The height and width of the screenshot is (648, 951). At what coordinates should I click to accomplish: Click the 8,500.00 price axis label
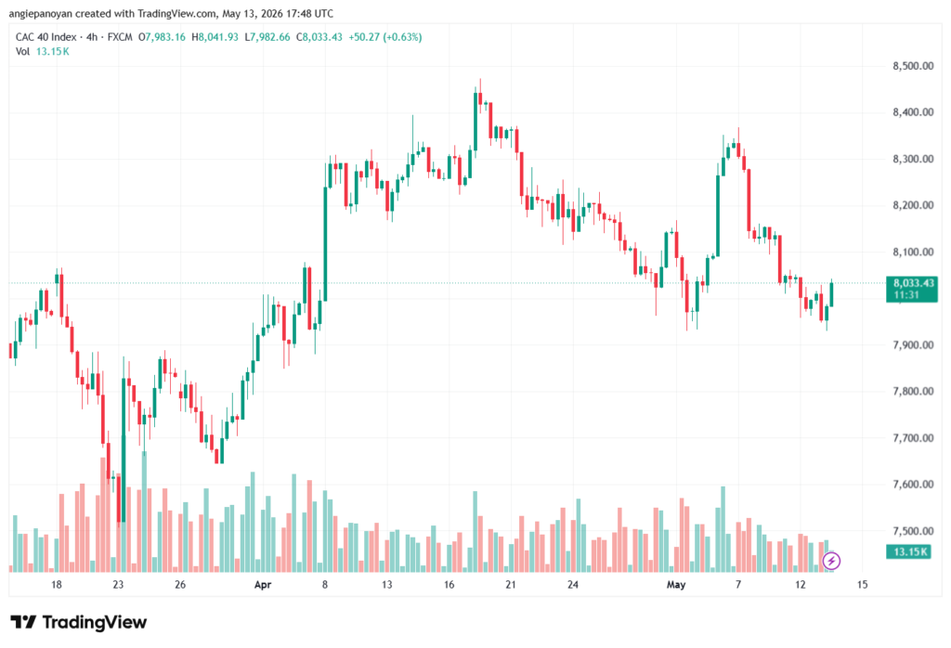pyautogui.click(x=913, y=66)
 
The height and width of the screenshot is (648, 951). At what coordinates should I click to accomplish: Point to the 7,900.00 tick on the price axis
pyautogui.click(x=913, y=345)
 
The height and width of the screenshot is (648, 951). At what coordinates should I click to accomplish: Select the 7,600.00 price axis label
pyautogui.click(x=913, y=485)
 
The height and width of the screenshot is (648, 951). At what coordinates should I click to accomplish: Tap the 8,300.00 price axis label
pyautogui.click(x=913, y=159)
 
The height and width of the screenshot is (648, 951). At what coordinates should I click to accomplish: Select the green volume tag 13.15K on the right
pyautogui.click(x=908, y=551)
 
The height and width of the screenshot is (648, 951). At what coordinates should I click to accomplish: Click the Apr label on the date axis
pyautogui.click(x=263, y=585)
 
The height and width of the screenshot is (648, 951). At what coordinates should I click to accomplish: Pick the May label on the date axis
pyautogui.click(x=676, y=585)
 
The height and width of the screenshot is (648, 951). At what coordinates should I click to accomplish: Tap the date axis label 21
pyautogui.click(x=511, y=585)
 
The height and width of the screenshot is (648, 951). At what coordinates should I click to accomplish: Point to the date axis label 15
pyautogui.click(x=863, y=585)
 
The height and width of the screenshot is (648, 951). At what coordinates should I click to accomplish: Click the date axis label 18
pyautogui.click(x=57, y=585)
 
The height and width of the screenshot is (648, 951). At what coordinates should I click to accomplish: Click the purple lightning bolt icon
pyautogui.click(x=831, y=561)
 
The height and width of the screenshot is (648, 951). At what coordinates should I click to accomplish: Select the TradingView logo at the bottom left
pyautogui.click(x=79, y=623)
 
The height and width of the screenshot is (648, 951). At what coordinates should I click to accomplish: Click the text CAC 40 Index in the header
pyautogui.click(x=46, y=37)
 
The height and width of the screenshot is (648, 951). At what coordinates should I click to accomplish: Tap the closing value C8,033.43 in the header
pyautogui.click(x=319, y=37)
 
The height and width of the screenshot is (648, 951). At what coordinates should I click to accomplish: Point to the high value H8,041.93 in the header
pyautogui.click(x=215, y=37)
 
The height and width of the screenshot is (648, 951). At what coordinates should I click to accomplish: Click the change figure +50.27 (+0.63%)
pyautogui.click(x=385, y=37)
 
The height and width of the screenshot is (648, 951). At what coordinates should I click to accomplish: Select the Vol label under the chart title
pyautogui.click(x=22, y=52)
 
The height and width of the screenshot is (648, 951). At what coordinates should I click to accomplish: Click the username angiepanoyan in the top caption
pyautogui.click(x=41, y=13)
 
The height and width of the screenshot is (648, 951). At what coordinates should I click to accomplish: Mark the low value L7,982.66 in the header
pyautogui.click(x=267, y=37)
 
